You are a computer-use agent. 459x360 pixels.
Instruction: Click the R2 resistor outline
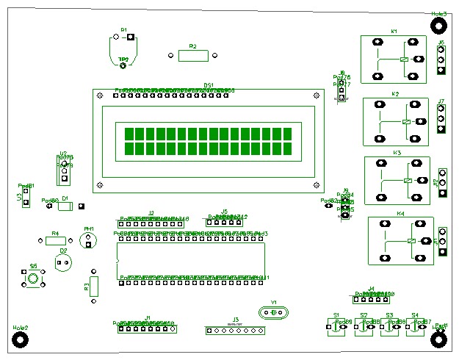pos(193,55)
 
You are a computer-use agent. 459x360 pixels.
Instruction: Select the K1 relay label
pos(394,32)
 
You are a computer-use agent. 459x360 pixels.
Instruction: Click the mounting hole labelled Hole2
pos(21,339)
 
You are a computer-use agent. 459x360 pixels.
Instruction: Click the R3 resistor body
pos(93,287)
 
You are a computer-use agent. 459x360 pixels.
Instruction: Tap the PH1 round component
pos(88,240)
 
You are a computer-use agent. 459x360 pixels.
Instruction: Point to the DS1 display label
pos(209,85)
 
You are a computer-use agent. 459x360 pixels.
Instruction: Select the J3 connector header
pos(235,331)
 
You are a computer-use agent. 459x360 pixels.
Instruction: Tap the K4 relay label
pos(400,214)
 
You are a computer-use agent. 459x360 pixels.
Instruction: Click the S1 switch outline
pos(336,327)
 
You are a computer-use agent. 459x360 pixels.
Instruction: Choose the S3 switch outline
pos(389,327)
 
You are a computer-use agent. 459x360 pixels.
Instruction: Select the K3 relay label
pos(397,153)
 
